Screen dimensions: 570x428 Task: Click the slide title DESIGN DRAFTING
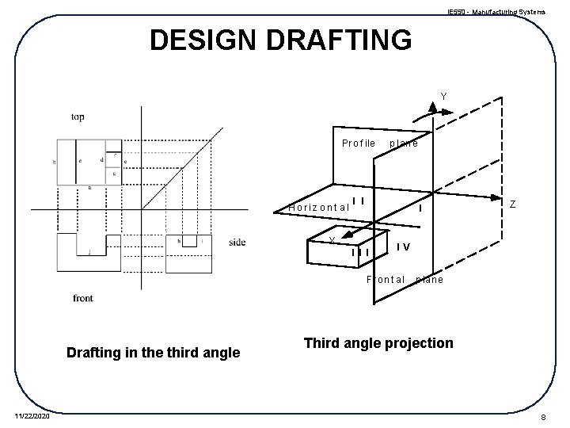pyautogui.click(x=281, y=40)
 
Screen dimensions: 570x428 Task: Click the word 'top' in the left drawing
pyautogui.click(x=78, y=117)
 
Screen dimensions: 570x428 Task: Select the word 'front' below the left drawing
pyautogui.click(x=83, y=298)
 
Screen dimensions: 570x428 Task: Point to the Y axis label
pyautogui.click(x=443, y=97)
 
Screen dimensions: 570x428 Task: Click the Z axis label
pyautogui.click(x=513, y=204)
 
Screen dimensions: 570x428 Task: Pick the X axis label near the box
pyautogui.click(x=332, y=241)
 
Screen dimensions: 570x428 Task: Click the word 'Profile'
pyautogui.click(x=358, y=143)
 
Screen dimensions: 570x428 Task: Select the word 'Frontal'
pyautogui.click(x=386, y=280)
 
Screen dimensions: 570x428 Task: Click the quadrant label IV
pyautogui.click(x=403, y=246)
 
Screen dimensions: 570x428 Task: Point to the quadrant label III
pyautogui.click(x=362, y=253)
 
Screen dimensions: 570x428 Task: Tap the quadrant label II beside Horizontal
pyautogui.click(x=358, y=201)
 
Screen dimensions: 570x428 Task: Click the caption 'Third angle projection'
pyautogui.click(x=378, y=343)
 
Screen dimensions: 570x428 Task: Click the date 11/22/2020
pyautogui.click(x=32, y=415)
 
